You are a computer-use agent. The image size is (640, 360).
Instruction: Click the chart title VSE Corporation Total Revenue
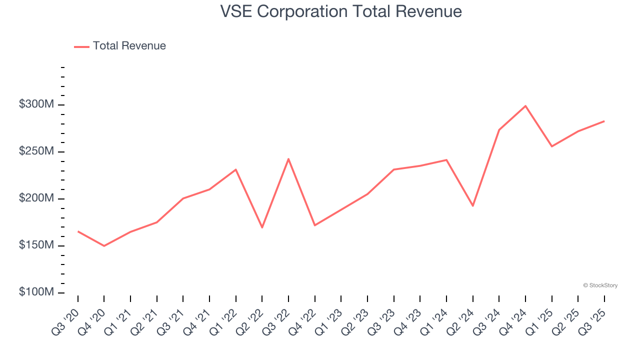coord(341,11)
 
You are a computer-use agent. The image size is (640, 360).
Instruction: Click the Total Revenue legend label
coord(129,46)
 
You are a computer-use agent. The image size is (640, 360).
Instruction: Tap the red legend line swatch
coord(81,46)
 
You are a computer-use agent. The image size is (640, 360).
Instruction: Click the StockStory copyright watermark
coord(600,285)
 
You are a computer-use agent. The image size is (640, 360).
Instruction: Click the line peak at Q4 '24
coord(525,105)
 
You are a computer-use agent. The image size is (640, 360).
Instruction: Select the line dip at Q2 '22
coord(262,227)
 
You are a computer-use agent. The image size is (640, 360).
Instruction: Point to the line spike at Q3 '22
coord(288,159)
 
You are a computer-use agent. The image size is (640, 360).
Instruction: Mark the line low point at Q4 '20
coord(104,246)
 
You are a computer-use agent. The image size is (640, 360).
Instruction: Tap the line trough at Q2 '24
coord(472,206)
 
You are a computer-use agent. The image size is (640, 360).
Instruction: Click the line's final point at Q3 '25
coord(604,121)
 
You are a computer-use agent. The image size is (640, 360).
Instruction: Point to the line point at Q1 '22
coord(235,169)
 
